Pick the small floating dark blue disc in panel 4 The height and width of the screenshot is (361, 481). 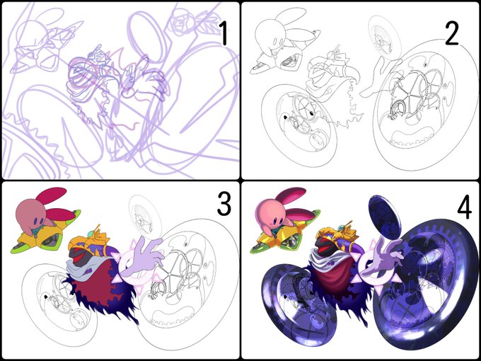384,217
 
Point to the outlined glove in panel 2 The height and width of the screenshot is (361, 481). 381,76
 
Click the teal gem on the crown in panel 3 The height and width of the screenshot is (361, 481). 91,234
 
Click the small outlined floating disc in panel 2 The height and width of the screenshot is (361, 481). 384,36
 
